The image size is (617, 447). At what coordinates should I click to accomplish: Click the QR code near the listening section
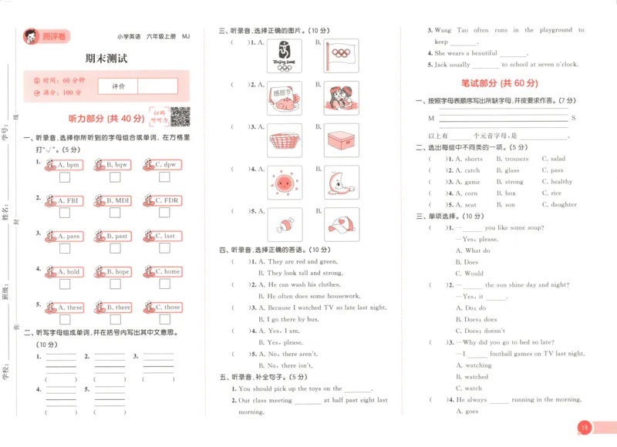click(180, 116)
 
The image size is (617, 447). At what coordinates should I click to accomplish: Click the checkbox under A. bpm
click(65, 178)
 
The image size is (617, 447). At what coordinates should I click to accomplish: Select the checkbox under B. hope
click(114, 285)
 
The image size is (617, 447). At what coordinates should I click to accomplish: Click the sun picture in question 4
click(285, 183)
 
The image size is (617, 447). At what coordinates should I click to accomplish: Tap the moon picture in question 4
click(340, 183)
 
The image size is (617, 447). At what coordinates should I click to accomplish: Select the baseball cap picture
click(340, 223)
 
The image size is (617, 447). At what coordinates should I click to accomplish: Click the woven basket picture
click(285, 140)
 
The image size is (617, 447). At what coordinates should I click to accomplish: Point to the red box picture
click(340, 140)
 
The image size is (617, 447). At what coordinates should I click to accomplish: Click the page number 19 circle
click(584, 427)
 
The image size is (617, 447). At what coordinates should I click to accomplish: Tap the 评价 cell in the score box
click(118, 86)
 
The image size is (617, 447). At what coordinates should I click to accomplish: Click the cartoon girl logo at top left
click(30, 35)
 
